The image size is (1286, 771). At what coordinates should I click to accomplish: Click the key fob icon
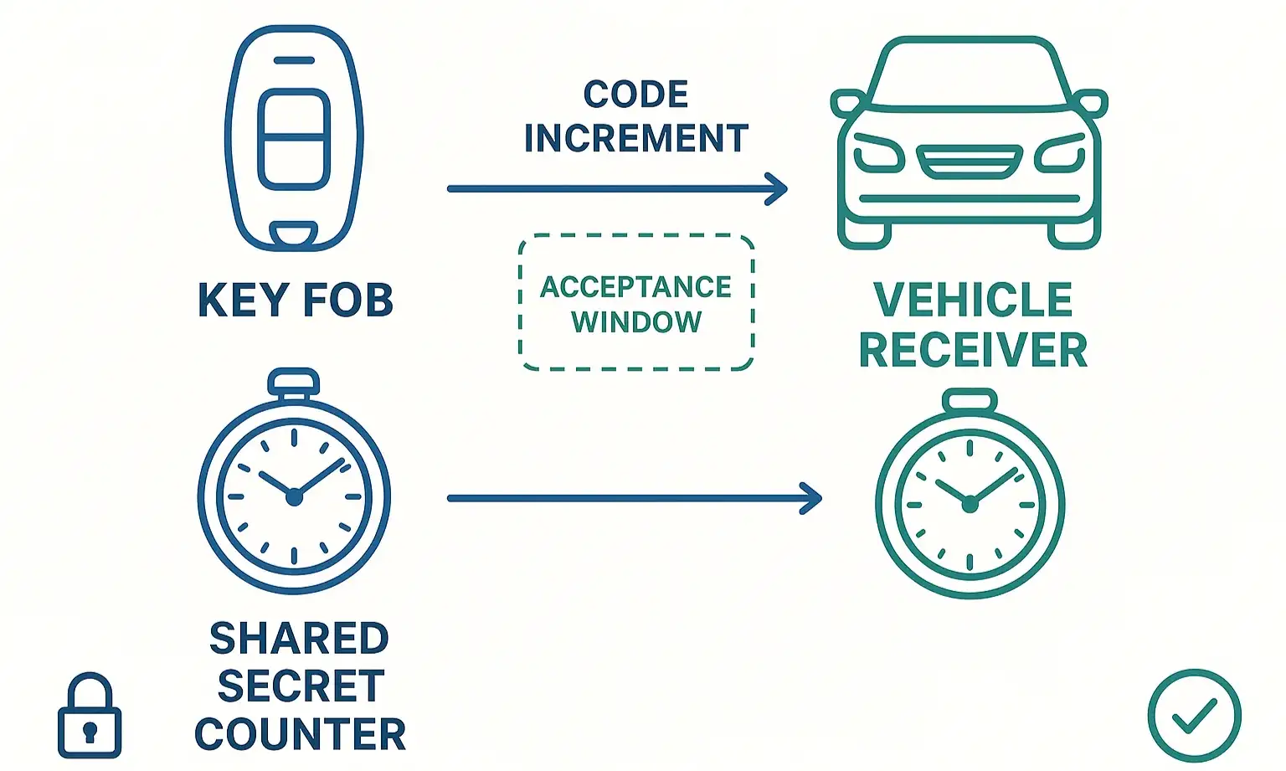294,138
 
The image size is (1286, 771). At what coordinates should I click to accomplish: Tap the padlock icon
90,716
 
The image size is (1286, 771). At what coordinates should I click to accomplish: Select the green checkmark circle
1194,716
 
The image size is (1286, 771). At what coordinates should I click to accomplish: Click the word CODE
635,95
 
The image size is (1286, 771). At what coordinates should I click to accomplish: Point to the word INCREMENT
635,139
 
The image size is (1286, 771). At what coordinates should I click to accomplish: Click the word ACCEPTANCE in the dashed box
635,287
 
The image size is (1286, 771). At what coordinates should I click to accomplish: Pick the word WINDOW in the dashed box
636,322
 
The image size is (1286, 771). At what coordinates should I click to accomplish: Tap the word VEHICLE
973,301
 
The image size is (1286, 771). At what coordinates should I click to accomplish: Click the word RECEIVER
973,350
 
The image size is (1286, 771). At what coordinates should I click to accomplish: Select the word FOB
347,301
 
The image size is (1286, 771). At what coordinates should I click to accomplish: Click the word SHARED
299,639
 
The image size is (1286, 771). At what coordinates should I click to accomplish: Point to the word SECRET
301,686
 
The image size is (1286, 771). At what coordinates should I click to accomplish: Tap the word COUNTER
300,734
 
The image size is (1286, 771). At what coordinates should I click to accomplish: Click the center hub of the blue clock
294,497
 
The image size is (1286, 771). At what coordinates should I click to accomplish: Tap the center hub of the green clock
970,504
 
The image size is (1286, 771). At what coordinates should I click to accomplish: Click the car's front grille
970,162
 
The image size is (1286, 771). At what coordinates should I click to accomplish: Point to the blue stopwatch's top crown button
293,383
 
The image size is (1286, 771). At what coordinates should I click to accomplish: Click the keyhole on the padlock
90,731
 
